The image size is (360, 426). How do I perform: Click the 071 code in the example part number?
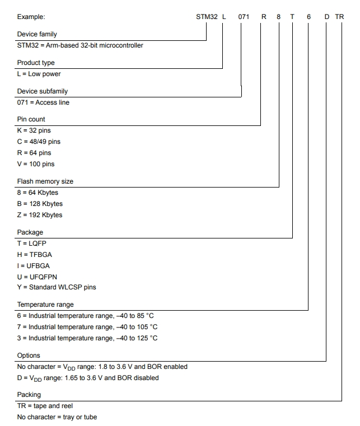pyautogui.click(x=244, y=17)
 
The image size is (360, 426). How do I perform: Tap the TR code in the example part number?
pyautogui.click(x=339, y=17)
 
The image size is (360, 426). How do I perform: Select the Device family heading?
pyautogui.click(x=37, y=34)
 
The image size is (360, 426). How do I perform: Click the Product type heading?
pyautogui.click(x=36, y=63)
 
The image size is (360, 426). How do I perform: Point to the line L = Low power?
pyautogui.click(x=39, y=74)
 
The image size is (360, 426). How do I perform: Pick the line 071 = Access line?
pyautogui.click(x=43, y=102)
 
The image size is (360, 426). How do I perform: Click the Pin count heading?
pyautogui.click(x=31, y=119)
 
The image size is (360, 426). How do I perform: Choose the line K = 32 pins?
pyautogui.click(x=34, y=130)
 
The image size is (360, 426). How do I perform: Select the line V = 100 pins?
pyautogui.click(x=36, y=164)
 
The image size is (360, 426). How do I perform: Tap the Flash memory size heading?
pyautogui.click(x=45, y=181)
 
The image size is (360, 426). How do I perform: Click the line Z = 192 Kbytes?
pyautogui.click(x=40, y=215)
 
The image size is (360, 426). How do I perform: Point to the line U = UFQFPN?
pyautogui.click(x=37, y=277)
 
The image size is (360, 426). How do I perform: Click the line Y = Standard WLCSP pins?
pyautogui.click(x=57, y=287)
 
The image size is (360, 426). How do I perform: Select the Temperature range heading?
pyautogui.click(x=45, y=305)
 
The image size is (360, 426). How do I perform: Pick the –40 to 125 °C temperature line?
pyautogui.click(x=87, y=338)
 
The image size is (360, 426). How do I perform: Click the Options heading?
pyautogui.click(x=29, y=355)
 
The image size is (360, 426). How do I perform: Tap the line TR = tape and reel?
pyautogui.click(x=45, y=406)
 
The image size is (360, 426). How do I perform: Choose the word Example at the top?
pyautogui.click(x=31, y=17)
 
